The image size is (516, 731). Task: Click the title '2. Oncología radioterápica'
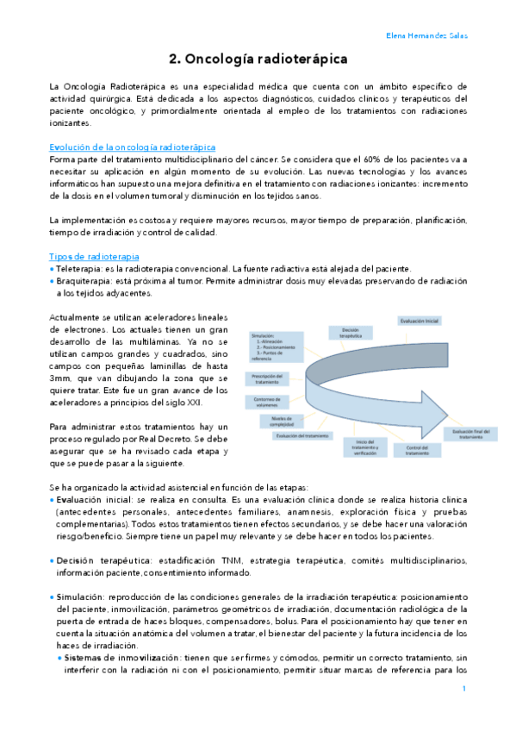[258, 59]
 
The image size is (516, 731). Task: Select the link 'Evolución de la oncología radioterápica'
[133, 147]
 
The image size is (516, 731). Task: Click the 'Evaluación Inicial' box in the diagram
[420, 321]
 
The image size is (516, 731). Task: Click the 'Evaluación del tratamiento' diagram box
[302, 436]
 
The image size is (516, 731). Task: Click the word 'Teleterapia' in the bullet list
[84, 269]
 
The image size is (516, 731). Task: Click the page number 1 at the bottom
[463, 689]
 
